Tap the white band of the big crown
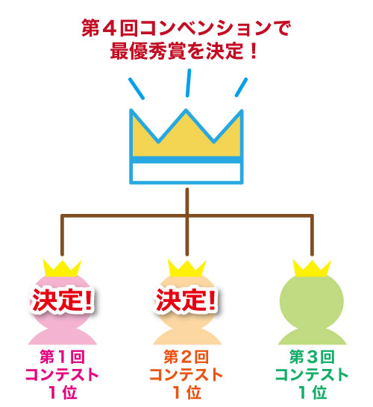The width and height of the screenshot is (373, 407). pyautogui.click(x=186, y=172)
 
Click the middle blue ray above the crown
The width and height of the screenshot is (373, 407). pyautogui.click(x=188, y=83)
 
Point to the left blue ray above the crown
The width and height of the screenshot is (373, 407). pyautogui.click(x=137, y=89)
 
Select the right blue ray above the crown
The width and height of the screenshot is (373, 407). pyautogui.click(x=241, y=87)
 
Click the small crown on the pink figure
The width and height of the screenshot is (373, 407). pyautogui.click(x=62, y=268)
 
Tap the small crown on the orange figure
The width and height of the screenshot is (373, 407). pyautogui.click(x=186, y=268)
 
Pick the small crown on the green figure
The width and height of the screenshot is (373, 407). pyautogui.click(x=312, y=268)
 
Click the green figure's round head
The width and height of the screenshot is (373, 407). pyautogui.click(x=312, y=301)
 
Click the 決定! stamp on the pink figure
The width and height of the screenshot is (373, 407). pyautogui.click(x=62, y=300)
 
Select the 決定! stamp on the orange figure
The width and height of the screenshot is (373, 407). pyautogui.click(x=186, y=300)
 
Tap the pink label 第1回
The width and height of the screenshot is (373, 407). pyautogui.click(x=62, y=356)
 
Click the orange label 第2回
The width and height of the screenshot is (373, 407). pyautogui.click(x=186, y=356)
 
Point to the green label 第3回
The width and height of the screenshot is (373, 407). pyautogui.click(x=312, y=356)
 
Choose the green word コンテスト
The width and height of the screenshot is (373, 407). pyautogui.click(x=312, y=374)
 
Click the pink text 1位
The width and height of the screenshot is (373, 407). pyautogui.click(x=63, y=392)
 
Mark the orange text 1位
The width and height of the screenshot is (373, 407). pyautogui.click(x=186, y=392)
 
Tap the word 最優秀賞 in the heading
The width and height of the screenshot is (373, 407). pyautogui.click(x=148, y=51)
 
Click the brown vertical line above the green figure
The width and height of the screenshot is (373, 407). pyautogui.click(x=312, y=235)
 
